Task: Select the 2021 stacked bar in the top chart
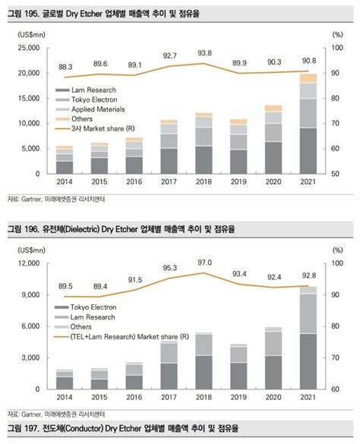tap(308, 125)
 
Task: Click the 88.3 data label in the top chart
tap(65, 67)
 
